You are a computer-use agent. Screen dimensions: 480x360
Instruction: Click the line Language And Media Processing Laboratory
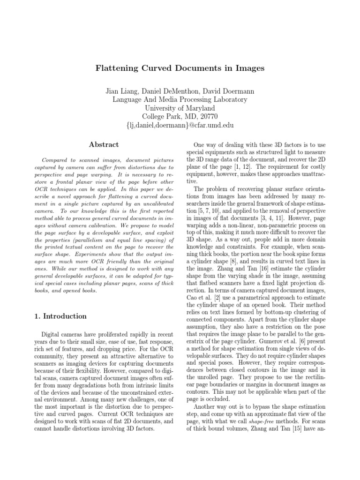(x=180, y=99)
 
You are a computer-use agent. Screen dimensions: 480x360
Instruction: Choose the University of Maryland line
(x=180, y=108)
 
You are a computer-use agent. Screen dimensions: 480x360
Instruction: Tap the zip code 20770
(x=208, y=116)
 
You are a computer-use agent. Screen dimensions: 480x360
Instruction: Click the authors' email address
(x=180, y=125)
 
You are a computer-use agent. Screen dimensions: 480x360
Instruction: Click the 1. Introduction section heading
(x=60, y=316)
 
